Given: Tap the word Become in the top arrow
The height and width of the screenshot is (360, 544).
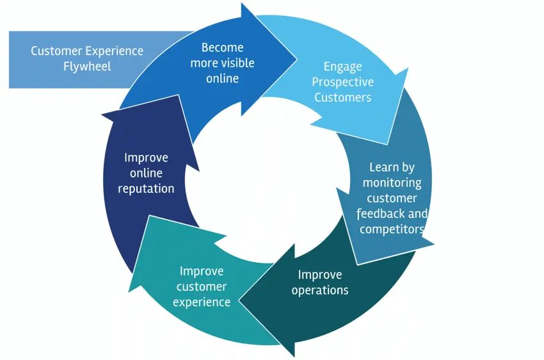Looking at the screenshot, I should [x=222, y=47].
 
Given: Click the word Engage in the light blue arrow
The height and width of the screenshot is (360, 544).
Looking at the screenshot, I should [x=342, y=67].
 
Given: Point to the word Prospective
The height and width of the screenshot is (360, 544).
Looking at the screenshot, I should [x=342, y=82].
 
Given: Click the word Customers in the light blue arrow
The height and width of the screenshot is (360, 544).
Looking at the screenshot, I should [x=342, y=98].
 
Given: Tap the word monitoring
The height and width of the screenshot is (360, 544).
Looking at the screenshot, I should [x=392, y=183].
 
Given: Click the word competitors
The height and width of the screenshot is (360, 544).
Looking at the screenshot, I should [x=392, y=229].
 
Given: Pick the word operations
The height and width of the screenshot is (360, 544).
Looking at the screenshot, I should [x=320, y=290].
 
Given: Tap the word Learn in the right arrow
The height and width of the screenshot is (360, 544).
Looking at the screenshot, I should [x=382, y=167].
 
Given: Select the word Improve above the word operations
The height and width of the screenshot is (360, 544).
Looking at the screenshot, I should [x=320, y=275].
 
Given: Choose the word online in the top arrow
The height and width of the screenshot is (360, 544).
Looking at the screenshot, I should [x=222, y=78].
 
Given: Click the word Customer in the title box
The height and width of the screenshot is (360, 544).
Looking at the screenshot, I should [x=56, y=51].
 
